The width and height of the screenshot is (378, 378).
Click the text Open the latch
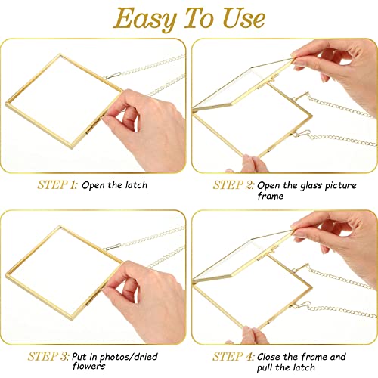[115, 184]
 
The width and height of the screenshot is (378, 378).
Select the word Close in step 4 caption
[271, 355]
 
